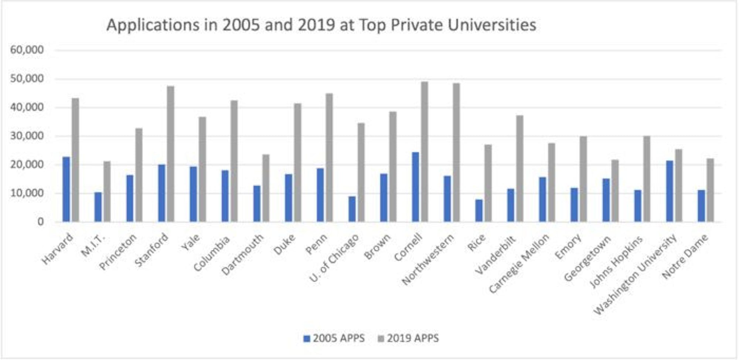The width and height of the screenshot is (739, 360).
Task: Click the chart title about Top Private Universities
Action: click(321, 26)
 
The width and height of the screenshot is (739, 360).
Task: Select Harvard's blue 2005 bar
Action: click(66, 189)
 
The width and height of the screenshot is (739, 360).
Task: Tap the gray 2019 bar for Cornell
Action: click(425, 152)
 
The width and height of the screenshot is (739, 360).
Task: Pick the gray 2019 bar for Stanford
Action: click(171, 154)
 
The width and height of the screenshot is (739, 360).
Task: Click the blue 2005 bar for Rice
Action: click(479, 211)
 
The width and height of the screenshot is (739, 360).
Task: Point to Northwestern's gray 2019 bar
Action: click(456, 152)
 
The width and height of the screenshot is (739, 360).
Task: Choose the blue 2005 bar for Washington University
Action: click(669, 191)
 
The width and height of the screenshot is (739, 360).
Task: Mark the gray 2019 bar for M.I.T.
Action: click(107, 191)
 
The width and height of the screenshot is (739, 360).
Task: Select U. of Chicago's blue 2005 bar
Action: click(352, 209)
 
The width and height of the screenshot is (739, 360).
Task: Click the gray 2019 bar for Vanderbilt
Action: click(520, 169)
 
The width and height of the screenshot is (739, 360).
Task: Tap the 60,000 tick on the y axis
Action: click(27, 50)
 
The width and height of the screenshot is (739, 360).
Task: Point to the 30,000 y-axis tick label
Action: click(27, 136)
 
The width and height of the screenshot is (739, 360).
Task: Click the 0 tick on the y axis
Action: click(40, 222)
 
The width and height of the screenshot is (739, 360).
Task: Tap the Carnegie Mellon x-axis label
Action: click(519, 263)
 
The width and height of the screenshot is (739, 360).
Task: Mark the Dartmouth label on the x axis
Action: click(243, 254)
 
